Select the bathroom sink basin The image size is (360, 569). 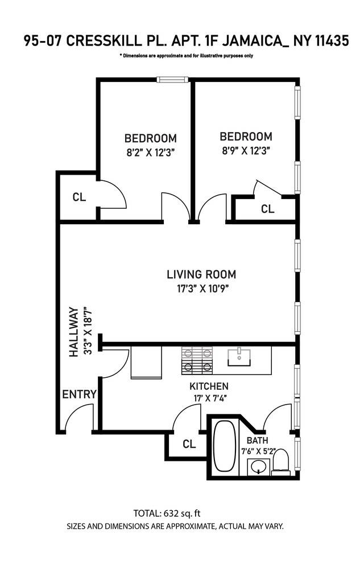[259, 467]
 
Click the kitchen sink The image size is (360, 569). [239, 357]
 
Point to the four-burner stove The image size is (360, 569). [197, 361]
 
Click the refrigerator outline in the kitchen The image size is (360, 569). [146, 362]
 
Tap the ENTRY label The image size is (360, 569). [80, 394]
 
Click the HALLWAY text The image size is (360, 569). [73, 332]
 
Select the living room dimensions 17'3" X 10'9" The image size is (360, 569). [203, 289]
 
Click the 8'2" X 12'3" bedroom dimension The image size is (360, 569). [151, 152]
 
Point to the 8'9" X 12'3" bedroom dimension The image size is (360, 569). [246, 151]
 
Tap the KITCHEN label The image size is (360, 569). [209, 386]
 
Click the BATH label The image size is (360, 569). [258, 440]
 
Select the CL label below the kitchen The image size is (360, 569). [189, 444]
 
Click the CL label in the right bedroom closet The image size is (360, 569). [267, 209]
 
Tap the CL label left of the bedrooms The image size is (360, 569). [79, 197]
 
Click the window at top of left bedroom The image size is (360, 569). [173, 80]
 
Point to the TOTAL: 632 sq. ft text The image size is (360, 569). [167, 513]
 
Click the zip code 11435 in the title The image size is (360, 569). [332, 40]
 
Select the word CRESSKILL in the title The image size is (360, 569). [104, 40]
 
